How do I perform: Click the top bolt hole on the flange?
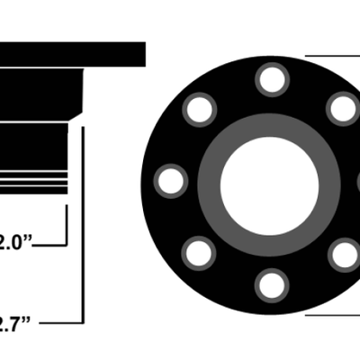click(x=271, y=79)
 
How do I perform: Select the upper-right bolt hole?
click(x=343, y=110)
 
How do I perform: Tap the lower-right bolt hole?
click(x=343, y=255)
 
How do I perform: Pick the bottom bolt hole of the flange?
click(x=271, y=285)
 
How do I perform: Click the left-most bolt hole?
click(x=170, y=181)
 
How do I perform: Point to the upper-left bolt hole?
click(x=199, y=110)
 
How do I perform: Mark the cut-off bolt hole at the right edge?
click(x=357, y=182)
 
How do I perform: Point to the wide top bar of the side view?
click(x=72, y=53)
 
